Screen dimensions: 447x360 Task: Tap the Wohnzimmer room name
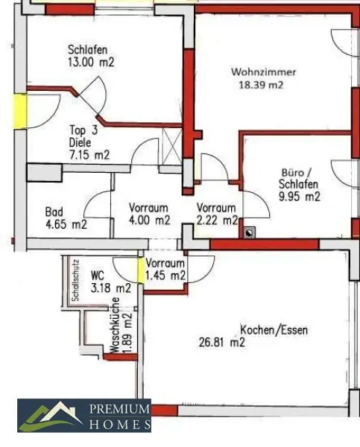click(x=263, y=72)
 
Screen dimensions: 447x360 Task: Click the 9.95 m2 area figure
click(x=299, y=197)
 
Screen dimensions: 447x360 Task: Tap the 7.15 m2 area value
click(x=89, y=155)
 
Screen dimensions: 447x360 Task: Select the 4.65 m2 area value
click(x=66, y=223)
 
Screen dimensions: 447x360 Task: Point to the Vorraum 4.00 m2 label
click(x=149, y=214)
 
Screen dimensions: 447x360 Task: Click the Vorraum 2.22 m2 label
click(x=217, y=214)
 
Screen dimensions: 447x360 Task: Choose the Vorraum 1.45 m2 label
click(x=165, y=270)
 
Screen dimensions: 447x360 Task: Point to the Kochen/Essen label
click(x=274, y=329)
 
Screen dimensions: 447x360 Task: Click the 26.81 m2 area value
click(x=221, y=343)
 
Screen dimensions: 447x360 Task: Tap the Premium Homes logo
click(x=85, y=416)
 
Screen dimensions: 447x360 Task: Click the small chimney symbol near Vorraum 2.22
click(x=248, y=231)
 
